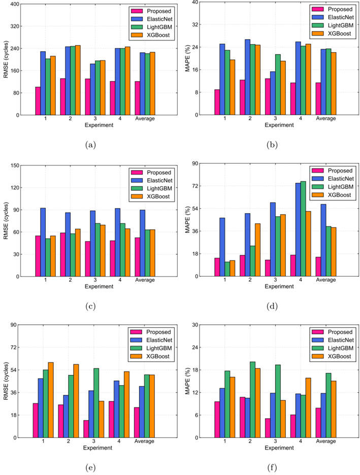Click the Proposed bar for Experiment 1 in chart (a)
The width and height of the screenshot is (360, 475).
pos(38,101)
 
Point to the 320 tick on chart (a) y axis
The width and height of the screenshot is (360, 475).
pos(13,26)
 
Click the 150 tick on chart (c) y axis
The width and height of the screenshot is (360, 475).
pos(13,165)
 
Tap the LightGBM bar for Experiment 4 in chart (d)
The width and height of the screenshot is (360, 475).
pos(303,229)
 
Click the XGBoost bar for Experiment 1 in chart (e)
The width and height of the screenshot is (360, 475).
pos(51,400)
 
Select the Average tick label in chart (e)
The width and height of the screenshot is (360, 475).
pos(144,442)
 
